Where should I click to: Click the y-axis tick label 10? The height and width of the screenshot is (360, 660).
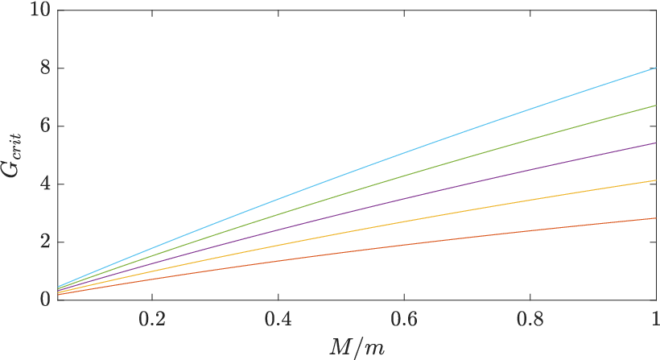[40, 10]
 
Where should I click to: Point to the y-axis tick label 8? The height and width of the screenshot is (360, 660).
[45, 68]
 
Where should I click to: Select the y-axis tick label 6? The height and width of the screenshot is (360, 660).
[45, 126]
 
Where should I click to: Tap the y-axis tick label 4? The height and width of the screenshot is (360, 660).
[45, 184]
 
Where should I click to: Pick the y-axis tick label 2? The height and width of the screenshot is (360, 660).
[45, 242]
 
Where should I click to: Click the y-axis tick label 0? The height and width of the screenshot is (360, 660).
[45, 300]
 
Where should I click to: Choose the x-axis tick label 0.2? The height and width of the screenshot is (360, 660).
[152, 320]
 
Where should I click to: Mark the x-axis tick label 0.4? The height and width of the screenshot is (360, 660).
[278, 320]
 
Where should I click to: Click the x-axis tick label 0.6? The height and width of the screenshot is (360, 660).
[404, 320]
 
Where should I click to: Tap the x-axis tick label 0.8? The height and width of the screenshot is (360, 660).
[530, 320]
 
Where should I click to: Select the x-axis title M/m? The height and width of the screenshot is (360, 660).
[357, 348]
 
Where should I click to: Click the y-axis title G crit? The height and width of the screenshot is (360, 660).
[14, 155]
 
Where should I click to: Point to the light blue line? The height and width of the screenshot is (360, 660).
[357, 177]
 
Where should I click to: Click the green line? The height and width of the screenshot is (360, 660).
[357, 197]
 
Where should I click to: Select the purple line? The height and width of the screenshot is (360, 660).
[357, 217]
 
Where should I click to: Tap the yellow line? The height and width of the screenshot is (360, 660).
[357, 237]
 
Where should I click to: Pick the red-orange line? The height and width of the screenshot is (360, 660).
[357, 256]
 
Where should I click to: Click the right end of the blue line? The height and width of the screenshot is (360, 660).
[656, 68]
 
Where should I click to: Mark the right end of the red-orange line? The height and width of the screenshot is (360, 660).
[656, 218]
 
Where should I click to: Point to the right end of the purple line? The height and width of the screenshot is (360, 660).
[656, 143]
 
